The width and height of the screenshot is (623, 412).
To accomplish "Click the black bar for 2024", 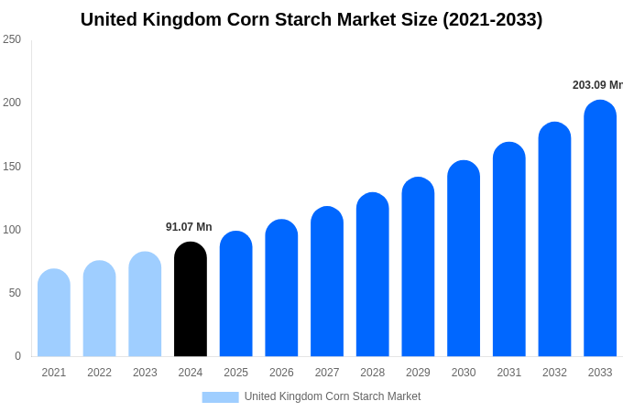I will click(191, 299).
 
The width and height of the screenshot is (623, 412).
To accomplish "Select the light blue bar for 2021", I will click(54, 313).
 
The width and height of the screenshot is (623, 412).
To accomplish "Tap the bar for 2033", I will click(600, 229).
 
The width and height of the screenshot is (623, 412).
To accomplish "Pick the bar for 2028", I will click(373, 275).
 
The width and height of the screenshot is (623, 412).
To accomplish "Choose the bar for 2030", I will click(464, 259).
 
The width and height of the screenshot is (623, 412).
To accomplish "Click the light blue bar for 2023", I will click(145, 305).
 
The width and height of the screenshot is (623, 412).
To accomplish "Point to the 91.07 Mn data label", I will click(189, 227).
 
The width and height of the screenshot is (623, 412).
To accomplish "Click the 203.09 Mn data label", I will click(597, 85).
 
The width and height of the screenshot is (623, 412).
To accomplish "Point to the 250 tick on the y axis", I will click(12, 39).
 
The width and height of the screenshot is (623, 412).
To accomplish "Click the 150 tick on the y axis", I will click(12, 167).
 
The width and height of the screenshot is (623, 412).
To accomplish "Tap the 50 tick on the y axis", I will click(15, 293).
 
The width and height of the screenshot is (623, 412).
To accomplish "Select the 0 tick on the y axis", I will click(17, 356).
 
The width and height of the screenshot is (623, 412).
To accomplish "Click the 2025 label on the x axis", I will click(236, 373).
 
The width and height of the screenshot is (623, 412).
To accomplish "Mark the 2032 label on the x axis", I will click(554, 373).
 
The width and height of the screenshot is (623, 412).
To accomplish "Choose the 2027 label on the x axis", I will click(327, 373).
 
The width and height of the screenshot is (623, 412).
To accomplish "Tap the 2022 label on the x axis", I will click(99, 373).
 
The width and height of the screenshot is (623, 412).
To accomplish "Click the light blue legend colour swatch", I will click(220, 397).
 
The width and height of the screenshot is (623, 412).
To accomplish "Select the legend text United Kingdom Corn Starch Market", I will click(333, 396).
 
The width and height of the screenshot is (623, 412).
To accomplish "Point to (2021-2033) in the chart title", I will click(493, 19).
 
